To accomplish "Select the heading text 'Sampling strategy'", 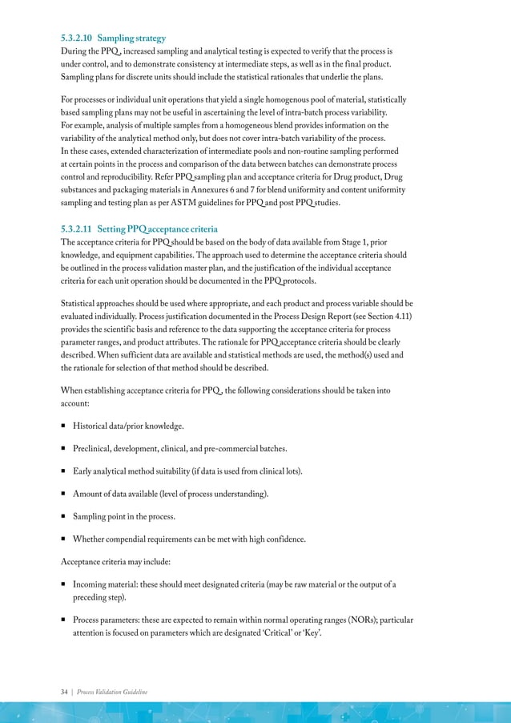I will (x=138, y=38).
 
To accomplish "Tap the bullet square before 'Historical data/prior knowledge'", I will (x=64, y=426).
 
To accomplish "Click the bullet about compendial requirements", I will (x=188, y=539).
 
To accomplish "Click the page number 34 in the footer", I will (x=66, y=692).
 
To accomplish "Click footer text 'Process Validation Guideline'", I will (x=112, y=692).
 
